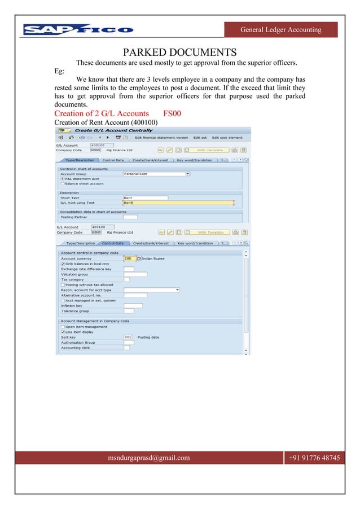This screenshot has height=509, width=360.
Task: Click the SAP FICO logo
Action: pos(78,29)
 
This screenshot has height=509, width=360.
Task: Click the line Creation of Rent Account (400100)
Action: pos(106,122)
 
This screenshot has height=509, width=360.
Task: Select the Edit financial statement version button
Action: pos(161,137)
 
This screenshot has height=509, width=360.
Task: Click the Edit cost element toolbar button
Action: pos(227,137)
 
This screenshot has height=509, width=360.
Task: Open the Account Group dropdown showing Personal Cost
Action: pos(156,174)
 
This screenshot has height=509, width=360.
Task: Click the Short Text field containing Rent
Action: pos(145,198)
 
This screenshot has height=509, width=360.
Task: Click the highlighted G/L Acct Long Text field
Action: pos(178,203)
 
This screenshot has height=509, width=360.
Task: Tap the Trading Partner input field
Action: pos(130,217)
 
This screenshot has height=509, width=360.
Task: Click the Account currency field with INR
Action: pos(129,258)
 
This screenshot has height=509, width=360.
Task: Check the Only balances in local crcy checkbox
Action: pos(62,264)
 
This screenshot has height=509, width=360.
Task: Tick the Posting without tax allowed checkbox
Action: pos(62,284)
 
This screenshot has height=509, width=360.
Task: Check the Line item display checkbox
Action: pos(62,332)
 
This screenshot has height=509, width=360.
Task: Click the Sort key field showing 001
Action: pos(129,337)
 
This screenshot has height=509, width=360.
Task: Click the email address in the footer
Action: pos(149,458)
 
